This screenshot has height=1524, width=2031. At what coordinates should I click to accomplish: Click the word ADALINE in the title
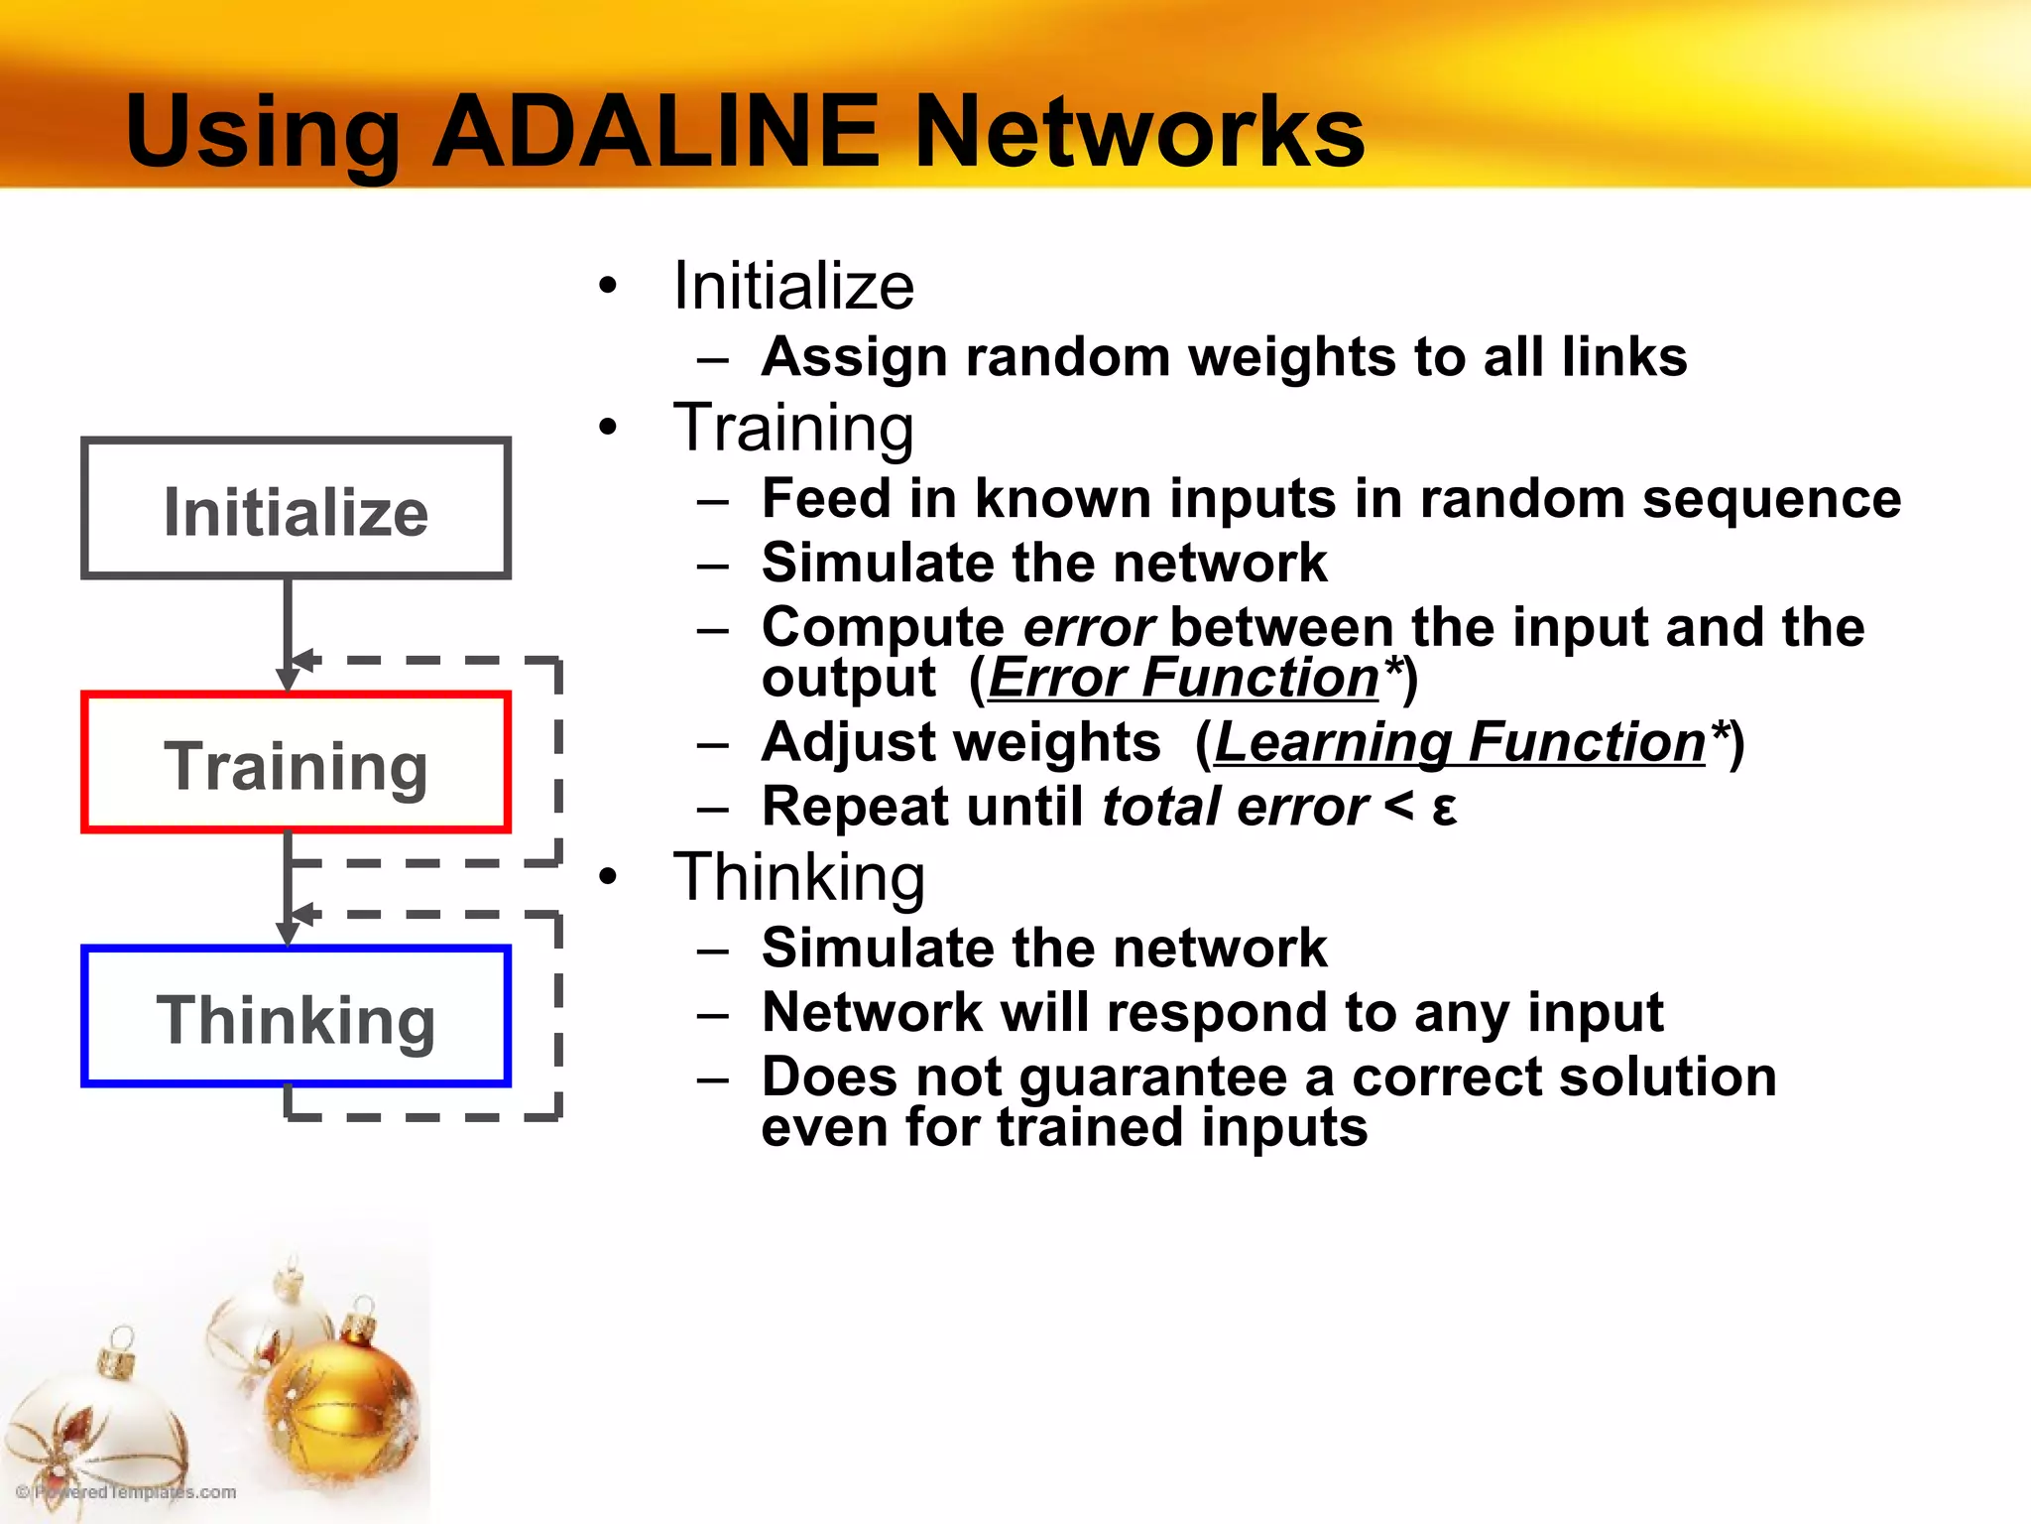pyautogui.click(x=655, y=132)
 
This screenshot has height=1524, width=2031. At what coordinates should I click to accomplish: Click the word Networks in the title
pyautogui.click(x=1138, y=132)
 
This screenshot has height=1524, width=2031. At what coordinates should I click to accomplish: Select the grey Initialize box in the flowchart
pyautogui.click(x=296, y=508)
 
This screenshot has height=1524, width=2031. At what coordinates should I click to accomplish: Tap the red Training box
pyautogui.click(x=296, y=762)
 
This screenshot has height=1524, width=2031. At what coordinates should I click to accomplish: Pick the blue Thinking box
pyautogui.click(x=296, y=1016)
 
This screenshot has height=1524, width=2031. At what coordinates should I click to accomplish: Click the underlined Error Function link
pyautogui.click(x=1183, y=679)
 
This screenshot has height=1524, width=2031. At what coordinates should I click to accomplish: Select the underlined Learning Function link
pyautogui.click(x=1459, y=742)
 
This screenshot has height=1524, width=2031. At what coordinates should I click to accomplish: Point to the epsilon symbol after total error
pyautogui.click(x=1445, y=809)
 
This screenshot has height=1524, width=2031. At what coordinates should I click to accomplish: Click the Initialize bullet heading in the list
pyautogui.click(x=793, y=286)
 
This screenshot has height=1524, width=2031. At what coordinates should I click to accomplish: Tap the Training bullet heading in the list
pyautogui.click(x=793, y=429)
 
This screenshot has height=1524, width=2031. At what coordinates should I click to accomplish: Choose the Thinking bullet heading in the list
pyautogui.click(x=799, y=878)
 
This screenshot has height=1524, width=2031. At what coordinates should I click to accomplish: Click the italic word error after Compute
pyautogui.click(x=1088, y=629)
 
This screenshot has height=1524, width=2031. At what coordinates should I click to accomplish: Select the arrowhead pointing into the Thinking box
pyautogui.click(x=288, y=934)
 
